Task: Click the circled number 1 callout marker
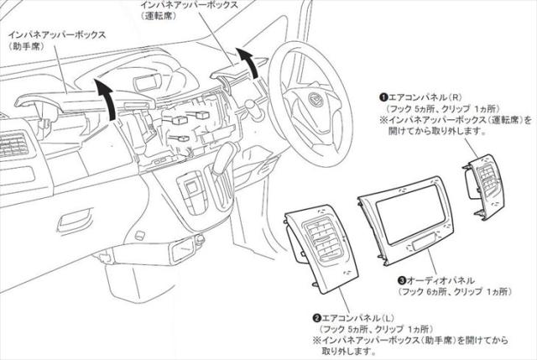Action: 381,98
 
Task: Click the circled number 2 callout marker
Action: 316,319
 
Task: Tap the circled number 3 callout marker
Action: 402,280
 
